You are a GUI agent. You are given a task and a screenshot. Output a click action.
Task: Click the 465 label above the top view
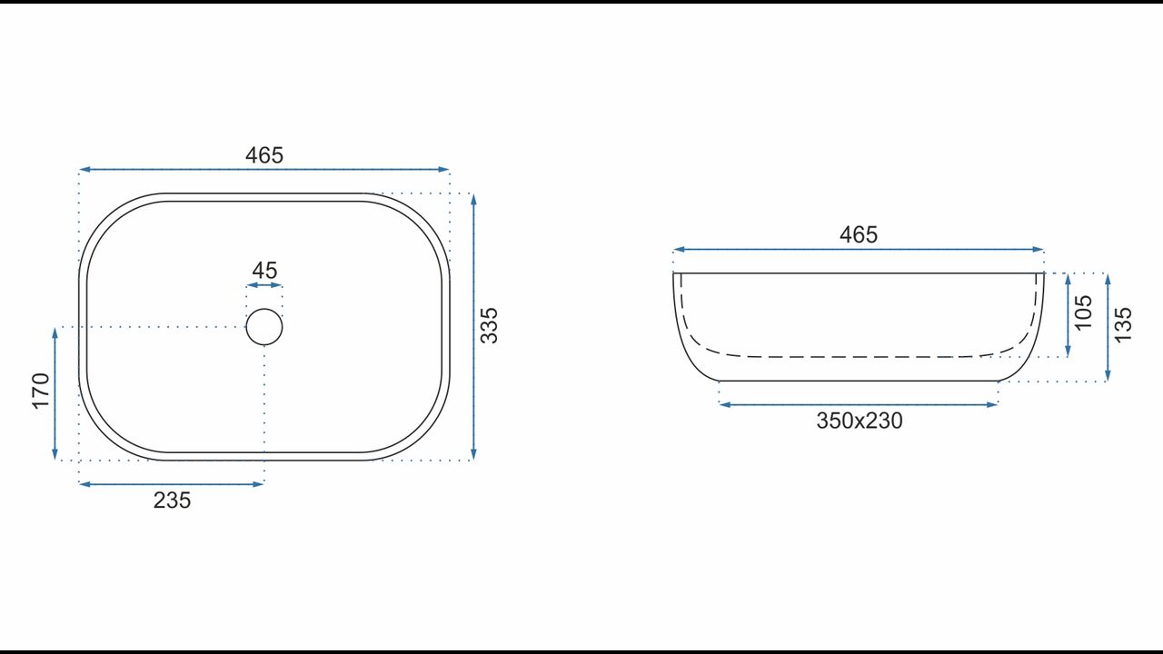coord(264,155)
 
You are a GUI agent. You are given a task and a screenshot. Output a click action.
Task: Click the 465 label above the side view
coord(859,234)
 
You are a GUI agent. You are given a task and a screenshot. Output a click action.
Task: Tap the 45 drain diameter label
coord(264,271)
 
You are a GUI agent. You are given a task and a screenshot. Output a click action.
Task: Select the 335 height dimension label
coord(489,325)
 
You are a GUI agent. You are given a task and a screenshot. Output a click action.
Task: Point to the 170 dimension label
coord(41,391)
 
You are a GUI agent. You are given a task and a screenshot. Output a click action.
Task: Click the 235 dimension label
coord(172,500)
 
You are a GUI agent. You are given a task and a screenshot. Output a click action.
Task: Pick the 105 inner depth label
coord(1084,312)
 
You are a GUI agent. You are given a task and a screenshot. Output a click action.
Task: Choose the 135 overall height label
coord(1123,325)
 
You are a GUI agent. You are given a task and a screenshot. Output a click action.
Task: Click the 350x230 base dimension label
coord(860,421)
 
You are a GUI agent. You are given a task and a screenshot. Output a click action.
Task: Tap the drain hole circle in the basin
coord(264,309)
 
